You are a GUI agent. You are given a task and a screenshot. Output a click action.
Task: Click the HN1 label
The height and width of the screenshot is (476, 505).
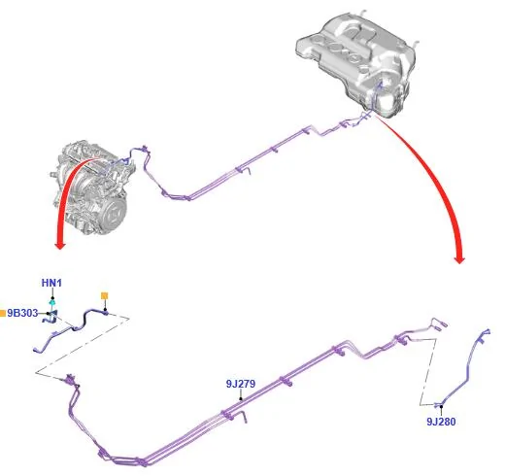51,283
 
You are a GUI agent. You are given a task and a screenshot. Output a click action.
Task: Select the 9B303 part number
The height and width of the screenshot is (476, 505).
22,313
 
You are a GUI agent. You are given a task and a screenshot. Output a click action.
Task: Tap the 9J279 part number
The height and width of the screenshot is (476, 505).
241,384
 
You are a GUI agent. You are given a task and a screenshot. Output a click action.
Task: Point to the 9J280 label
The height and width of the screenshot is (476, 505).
441,422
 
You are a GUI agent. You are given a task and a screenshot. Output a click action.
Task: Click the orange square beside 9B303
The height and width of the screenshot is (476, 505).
3,313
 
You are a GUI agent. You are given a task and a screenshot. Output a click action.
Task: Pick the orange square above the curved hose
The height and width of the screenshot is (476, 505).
104,295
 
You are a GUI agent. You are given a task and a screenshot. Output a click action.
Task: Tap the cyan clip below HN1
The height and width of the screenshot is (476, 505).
52,303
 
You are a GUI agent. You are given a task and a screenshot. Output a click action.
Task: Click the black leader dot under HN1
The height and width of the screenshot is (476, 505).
52,298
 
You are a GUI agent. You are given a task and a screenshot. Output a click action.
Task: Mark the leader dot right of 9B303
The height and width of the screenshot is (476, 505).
48,314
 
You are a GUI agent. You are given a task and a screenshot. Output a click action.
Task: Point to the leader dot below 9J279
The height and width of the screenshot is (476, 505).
241,399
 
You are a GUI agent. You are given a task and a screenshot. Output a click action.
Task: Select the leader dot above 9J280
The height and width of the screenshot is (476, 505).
441,406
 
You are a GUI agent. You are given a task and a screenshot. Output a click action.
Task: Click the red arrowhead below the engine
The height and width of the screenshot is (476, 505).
60,245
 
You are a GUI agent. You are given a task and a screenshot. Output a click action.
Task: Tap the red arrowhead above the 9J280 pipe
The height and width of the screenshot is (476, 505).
459,259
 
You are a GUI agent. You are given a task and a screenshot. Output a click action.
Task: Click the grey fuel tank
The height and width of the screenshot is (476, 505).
356,61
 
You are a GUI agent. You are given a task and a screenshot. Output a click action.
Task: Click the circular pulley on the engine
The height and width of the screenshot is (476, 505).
115,212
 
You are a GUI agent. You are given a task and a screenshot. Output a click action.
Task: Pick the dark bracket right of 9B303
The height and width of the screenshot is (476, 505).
51,317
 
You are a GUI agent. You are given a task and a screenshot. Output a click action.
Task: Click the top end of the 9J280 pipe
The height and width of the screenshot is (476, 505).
488,331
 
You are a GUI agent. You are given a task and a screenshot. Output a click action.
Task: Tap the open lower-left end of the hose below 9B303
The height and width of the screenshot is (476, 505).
35,349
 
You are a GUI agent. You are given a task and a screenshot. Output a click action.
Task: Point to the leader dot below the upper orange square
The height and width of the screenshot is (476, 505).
105,310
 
